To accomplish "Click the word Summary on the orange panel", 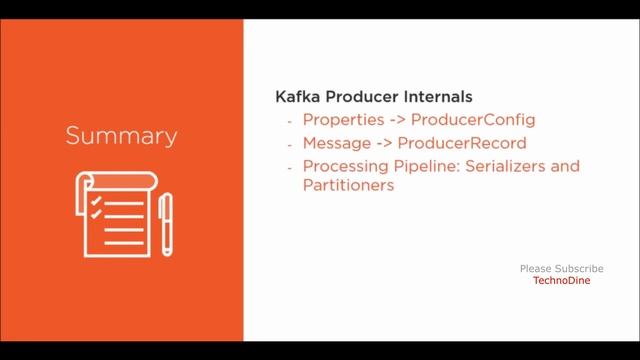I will tap(122, 134).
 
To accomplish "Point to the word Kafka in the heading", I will tap(298, 98).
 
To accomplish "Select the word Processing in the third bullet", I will tap(346, 165).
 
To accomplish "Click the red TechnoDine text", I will tap(561, 281).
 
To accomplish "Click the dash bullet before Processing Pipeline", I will tap(289, 165).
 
